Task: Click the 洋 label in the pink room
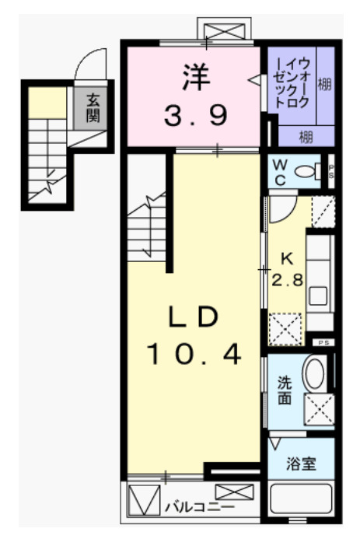point(195,77)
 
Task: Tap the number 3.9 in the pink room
point(195,117)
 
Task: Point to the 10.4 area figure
point(195,356)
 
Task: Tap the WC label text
point(280,170)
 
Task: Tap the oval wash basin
point(315,374)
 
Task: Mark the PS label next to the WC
point(331,170)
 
